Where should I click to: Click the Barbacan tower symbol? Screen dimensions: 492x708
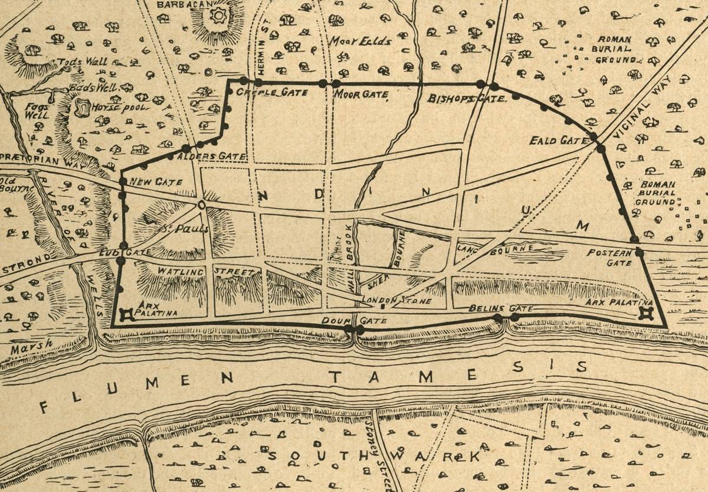218,15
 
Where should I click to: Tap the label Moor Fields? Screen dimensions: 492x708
352,41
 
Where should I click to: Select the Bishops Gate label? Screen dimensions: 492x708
466,98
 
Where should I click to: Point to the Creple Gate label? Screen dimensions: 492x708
265,93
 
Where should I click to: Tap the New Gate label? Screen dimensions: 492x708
156,182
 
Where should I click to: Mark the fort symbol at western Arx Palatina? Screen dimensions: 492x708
125,314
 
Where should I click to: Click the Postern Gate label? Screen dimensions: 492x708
609,258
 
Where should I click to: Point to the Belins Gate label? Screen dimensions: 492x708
500,309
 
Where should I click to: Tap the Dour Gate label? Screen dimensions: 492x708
354,320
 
